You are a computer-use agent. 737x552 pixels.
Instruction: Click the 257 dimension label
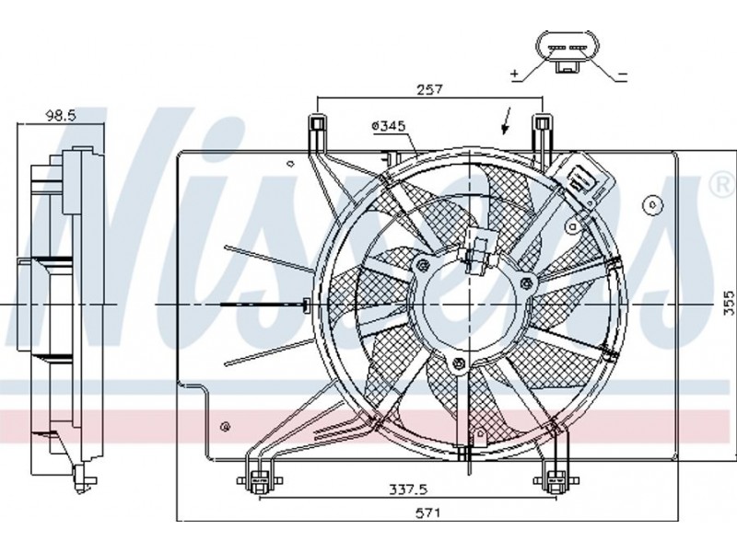pyautogui.click(x=430, y=88)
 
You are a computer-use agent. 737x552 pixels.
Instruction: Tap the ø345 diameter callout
pyautogui.click(x=388, y=126)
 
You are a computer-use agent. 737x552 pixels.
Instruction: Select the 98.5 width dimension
pyautogui.click(x=60, y=115)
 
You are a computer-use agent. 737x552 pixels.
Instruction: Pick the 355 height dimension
pyautogui.click(x=729, y=304)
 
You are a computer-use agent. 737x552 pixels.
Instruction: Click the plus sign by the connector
pyautogui.click(x=515, y=74)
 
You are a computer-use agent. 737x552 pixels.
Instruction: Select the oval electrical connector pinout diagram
pyautogui.click(x=567, y=52)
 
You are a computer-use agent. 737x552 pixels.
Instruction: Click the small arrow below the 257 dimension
pyautogui.click(x=507, y=121)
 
